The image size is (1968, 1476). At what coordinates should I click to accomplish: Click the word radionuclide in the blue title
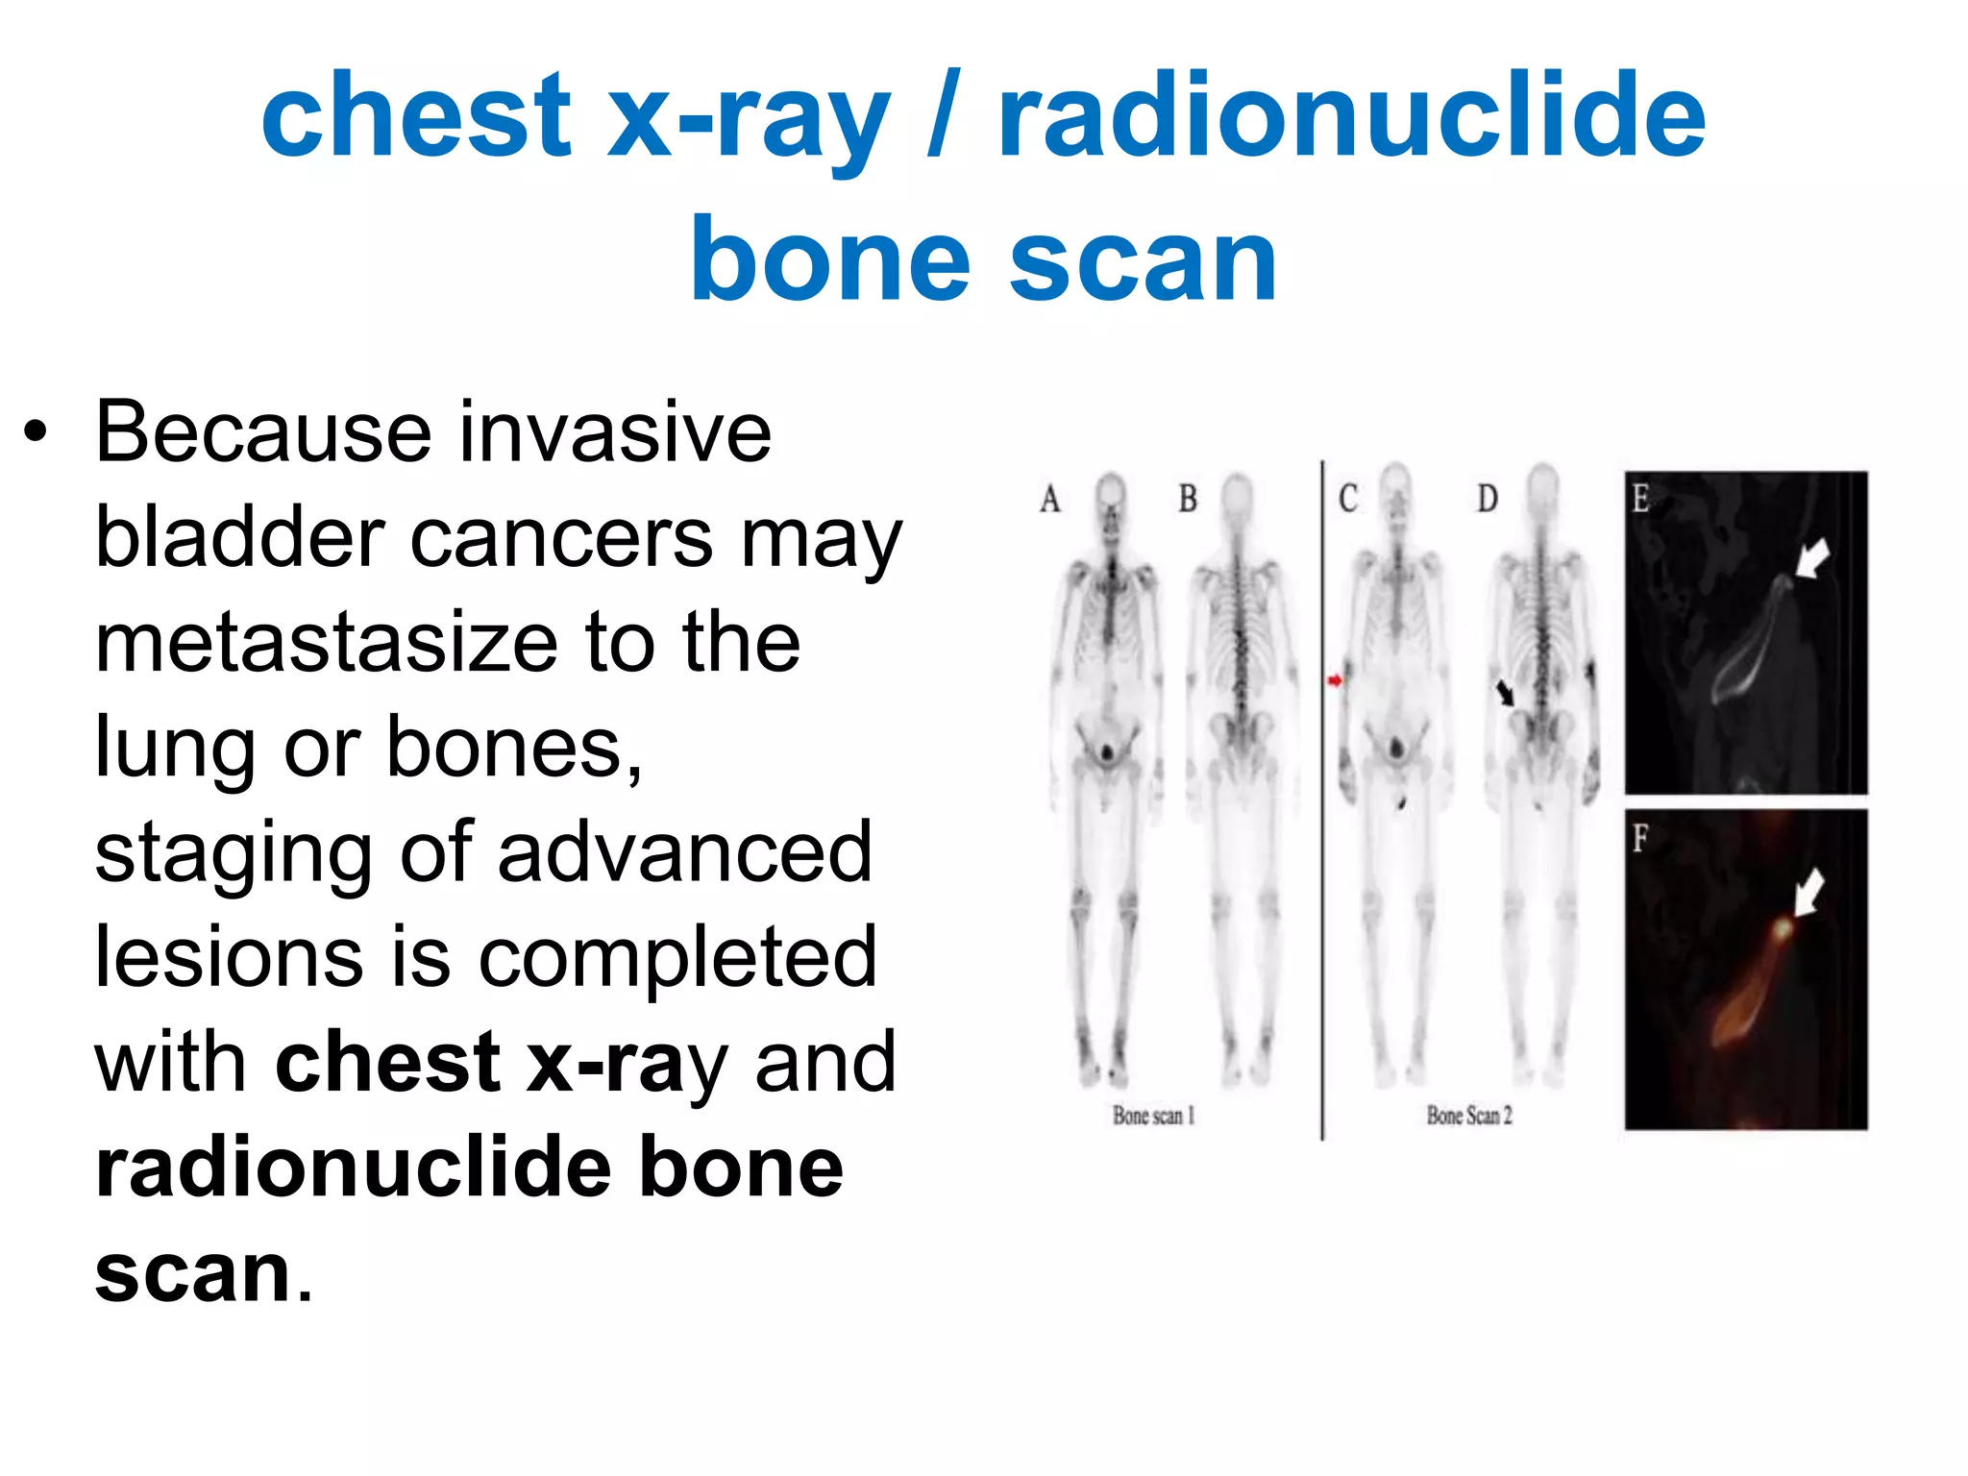tap(1351, 117)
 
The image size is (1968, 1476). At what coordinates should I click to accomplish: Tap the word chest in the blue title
tap(416, 117)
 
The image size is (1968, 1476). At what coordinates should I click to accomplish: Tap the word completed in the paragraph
tap(677, 959)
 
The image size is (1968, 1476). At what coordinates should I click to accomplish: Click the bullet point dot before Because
tap(37, 433)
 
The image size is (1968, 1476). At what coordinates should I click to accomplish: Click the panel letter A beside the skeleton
tap(1050, 500)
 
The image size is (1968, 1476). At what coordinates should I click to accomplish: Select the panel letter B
tap(1188, 499)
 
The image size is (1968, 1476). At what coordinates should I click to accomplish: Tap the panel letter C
tap(1348, 499)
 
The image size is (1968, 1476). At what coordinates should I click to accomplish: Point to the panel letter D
tap(1487, 499)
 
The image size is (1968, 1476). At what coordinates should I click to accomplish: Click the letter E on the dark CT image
tap(1641, 498)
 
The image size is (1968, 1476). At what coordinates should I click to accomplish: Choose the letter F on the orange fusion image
tap(1640, 839)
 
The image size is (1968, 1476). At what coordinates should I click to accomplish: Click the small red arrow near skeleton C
tap(1335, 680)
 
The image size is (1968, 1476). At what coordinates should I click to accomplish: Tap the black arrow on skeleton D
tap(1505, 692)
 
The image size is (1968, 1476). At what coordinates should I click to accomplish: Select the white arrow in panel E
tap(1811, 558)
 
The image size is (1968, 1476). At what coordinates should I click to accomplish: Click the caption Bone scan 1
tap(1153, 1116)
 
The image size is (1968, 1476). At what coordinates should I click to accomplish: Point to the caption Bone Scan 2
tap(1469, 1116)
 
